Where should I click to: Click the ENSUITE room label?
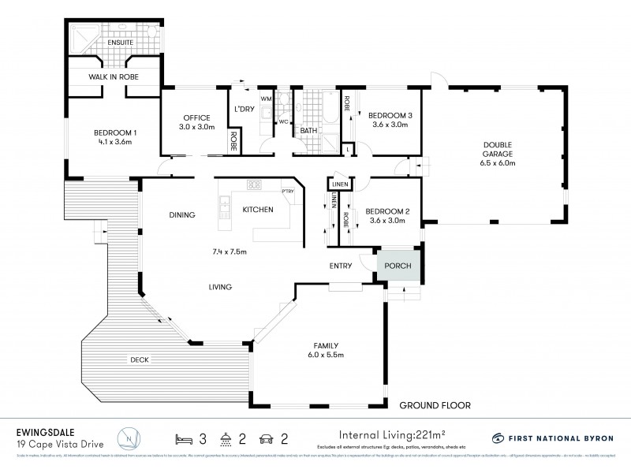click(113, 42)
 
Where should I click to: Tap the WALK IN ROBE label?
click(112, 77)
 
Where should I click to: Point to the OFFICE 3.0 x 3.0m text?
click(196, 121)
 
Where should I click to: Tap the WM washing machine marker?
click(266, 99)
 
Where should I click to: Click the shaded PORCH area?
click(398, 266)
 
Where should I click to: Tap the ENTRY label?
click(341, 266)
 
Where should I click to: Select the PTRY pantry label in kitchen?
click(287, 190)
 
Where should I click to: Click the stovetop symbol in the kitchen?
click(255, 185)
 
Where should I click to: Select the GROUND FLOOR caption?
click(435, 405)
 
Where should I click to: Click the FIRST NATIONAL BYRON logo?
click(551, 438)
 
